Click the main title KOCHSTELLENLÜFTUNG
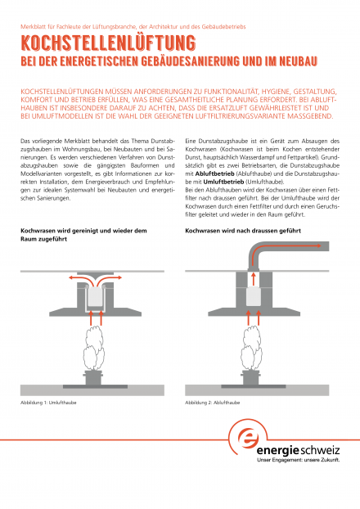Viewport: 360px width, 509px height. (108, 43)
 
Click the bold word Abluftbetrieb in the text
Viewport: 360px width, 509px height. (214, 173)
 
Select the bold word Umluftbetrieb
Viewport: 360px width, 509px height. (223, 182)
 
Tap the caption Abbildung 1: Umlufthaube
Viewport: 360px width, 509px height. (48, 403)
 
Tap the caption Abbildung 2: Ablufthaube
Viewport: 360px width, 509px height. (212, 403)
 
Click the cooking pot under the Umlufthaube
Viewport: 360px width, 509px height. (93, 377)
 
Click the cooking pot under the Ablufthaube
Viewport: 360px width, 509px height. (251, 377)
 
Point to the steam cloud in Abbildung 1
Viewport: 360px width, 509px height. (94, 348)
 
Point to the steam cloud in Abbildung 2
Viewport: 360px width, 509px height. (251, 348)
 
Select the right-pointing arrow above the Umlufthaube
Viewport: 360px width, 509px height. (111, 278)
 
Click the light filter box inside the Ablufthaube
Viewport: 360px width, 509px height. (254, 297)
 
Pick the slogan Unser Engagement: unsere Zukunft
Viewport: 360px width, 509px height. (298, 460)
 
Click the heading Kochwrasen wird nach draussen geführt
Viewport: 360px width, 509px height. (243, 231)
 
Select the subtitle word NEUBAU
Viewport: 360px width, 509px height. (298, 61)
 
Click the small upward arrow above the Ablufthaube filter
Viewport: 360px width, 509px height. (254, 279)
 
